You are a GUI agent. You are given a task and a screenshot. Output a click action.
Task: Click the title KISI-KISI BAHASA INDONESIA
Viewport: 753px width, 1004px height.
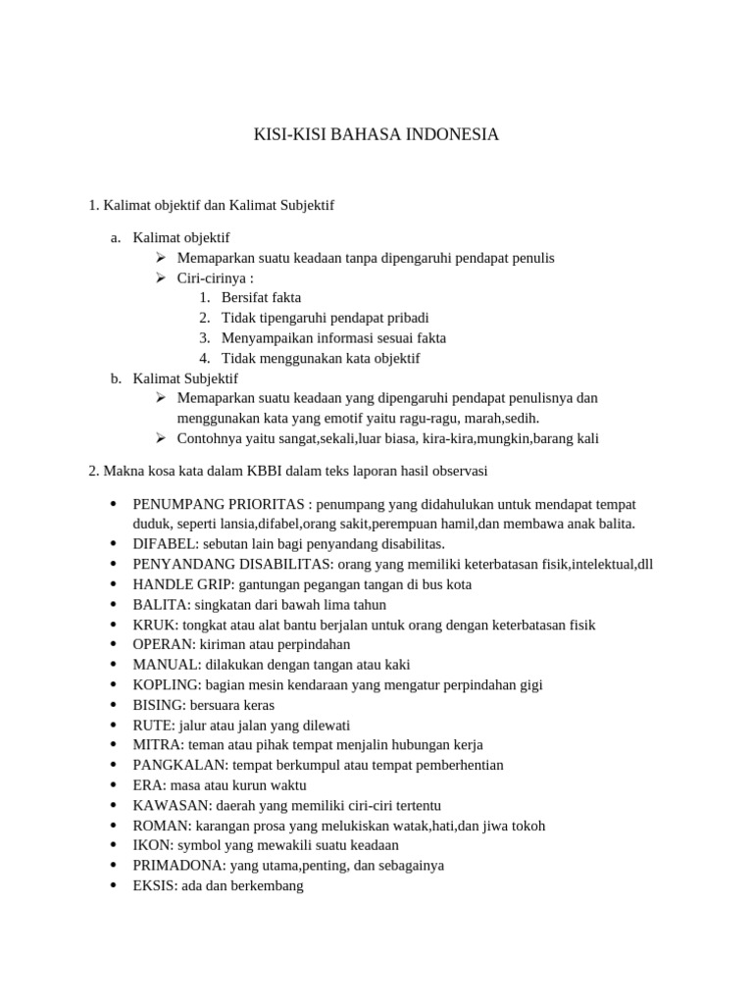coord(376,134)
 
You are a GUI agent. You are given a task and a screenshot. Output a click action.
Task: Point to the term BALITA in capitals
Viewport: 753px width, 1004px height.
coord(157,605)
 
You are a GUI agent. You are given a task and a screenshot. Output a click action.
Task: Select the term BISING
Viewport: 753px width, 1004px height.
coord(157,705)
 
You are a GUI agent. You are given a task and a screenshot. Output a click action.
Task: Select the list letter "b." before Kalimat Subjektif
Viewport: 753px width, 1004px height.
coord(116,377)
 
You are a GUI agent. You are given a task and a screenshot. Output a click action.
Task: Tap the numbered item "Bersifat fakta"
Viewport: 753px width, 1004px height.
coord(261,297)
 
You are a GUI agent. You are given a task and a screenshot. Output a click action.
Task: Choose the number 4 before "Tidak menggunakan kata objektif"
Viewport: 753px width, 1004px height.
coord(203,358)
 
